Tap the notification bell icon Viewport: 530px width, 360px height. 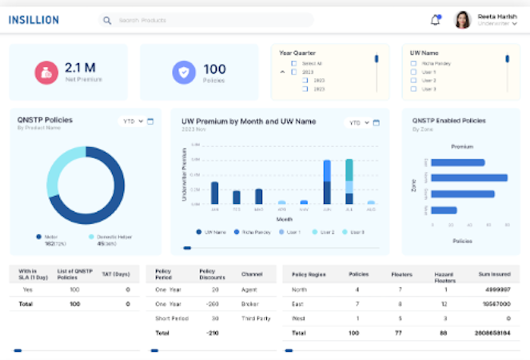436,20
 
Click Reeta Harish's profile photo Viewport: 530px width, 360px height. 463,20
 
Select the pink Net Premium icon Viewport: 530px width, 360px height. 45,72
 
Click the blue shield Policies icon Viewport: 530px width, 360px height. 184,73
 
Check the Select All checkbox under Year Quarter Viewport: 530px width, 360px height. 294,62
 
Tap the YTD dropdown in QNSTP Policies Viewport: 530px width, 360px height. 132,122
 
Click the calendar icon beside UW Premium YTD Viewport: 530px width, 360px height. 376,122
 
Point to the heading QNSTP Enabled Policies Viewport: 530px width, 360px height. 448,121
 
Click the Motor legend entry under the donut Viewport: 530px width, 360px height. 50,237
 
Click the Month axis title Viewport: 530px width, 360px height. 285,218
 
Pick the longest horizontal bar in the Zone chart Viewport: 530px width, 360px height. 469,178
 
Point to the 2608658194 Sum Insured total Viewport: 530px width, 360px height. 492,332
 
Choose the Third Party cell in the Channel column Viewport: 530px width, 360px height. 255,318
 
